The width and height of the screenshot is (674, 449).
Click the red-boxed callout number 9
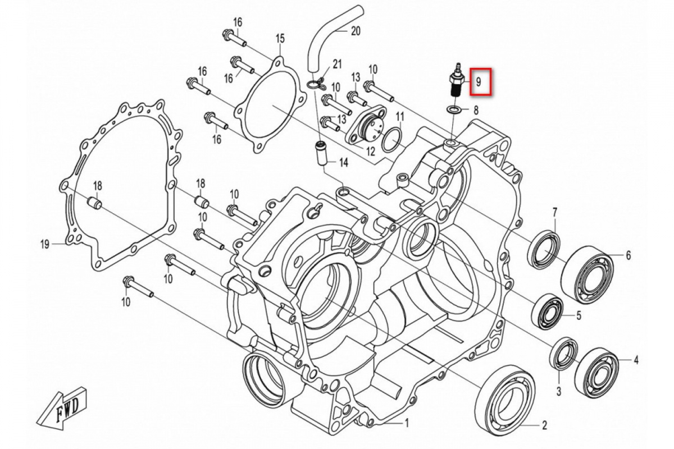[479, 82]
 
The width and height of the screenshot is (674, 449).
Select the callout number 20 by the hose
[356, 31]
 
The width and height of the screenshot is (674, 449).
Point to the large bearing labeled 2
[505, 399]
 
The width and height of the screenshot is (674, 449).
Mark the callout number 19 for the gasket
[45, 244]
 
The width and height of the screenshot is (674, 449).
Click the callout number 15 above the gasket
[280, 38]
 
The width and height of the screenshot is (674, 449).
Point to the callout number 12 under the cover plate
[370, 152]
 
